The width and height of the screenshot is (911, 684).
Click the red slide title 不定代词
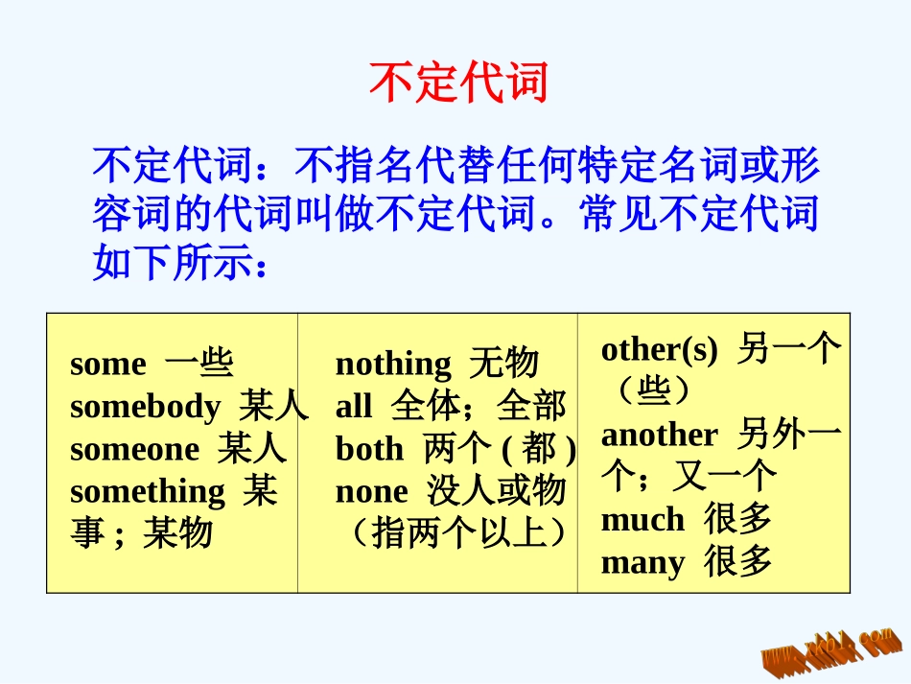point(457,83)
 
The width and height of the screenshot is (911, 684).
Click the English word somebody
point(145,407)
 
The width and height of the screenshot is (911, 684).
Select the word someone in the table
point(134,449)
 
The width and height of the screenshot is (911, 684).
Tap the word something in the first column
point(148,491)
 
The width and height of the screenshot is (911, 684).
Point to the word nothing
point(392,365)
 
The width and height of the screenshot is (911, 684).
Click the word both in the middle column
point(369,449)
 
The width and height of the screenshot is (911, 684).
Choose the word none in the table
point(371,491)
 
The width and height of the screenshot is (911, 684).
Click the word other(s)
point(659,350)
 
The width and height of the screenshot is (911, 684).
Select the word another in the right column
point(659,435)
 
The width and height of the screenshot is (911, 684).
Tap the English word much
point(642,520)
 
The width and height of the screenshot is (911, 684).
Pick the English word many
point(642,562)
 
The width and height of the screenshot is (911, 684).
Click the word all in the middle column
point(353,407)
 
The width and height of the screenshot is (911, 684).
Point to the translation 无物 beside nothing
point(503,365)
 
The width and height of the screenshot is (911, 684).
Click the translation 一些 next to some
point(199,365)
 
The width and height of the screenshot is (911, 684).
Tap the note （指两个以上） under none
point(455,533)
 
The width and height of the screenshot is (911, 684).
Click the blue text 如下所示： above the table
point(178,262)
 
